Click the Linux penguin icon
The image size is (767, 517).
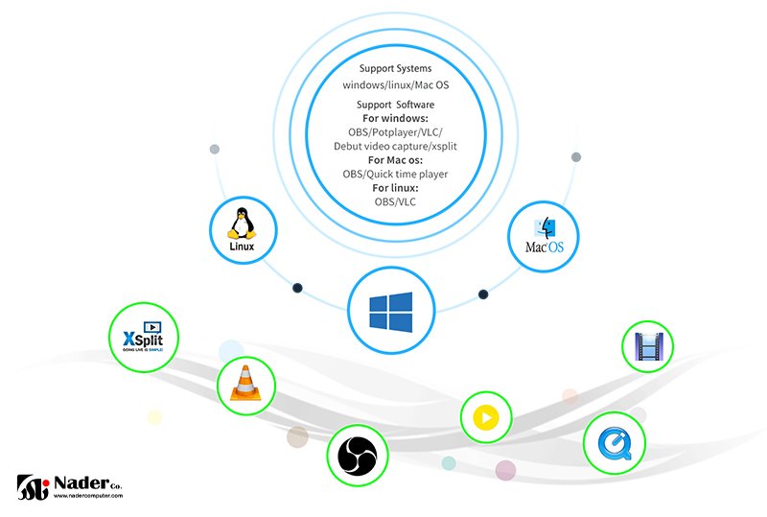coord(242,224)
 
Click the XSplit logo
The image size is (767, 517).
coord(143,340)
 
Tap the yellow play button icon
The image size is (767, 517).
coord(486,418)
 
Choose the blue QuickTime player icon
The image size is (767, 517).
coord(613,443)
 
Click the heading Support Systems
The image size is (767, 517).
coord(395,69)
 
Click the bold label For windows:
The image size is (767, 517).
coord(395,118)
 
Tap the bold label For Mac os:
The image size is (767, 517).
coord(395,160)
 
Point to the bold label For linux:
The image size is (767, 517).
coord(395,188)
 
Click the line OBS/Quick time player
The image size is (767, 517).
coord(395,175)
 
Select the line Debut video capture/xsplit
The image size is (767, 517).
coord(395,146)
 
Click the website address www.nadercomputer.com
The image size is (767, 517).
coord(87,497)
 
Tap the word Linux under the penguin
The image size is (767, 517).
coord(244,247)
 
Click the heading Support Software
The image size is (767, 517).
coord(395,105)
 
